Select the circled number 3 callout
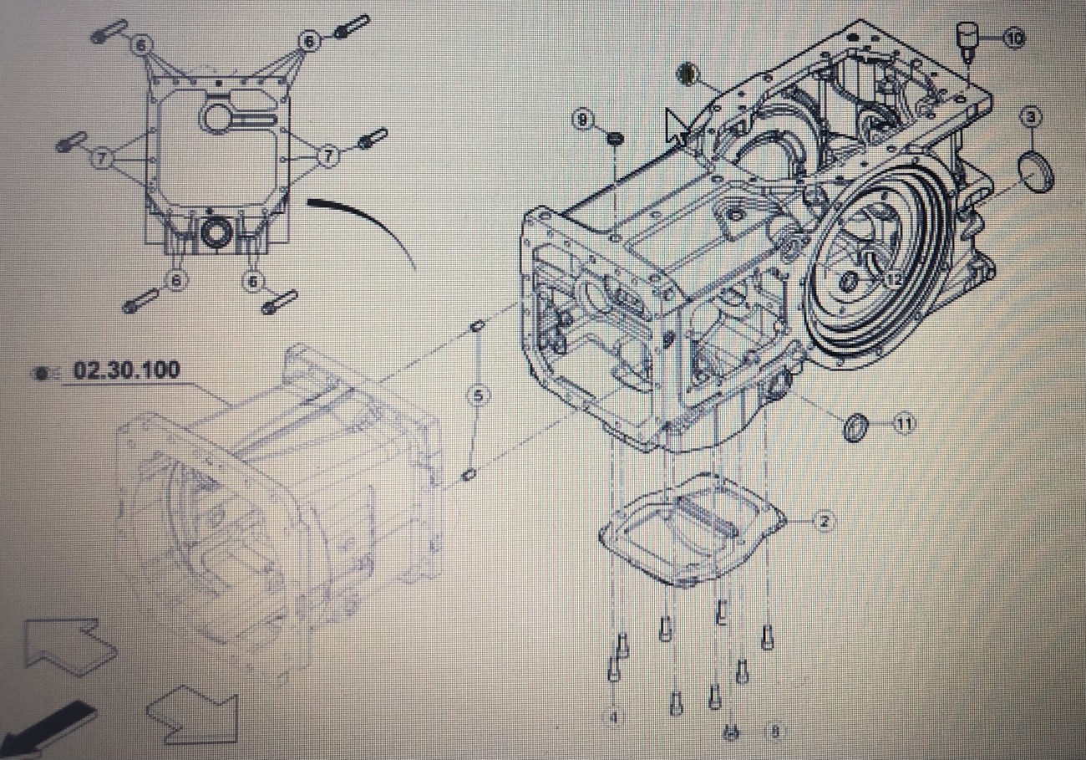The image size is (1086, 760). pos(1032,117)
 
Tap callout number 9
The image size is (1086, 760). pos(583,120)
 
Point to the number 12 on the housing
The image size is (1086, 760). pos(895,279)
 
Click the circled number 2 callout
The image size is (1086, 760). pos(824,522)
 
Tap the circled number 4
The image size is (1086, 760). pos(614,717)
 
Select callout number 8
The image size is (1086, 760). pos(774,732)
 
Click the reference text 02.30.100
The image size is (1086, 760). pos(126,370)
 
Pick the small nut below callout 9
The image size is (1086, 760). pos(614,137)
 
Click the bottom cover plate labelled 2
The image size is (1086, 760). pos(693,528)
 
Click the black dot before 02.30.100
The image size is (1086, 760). pos(40,373)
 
